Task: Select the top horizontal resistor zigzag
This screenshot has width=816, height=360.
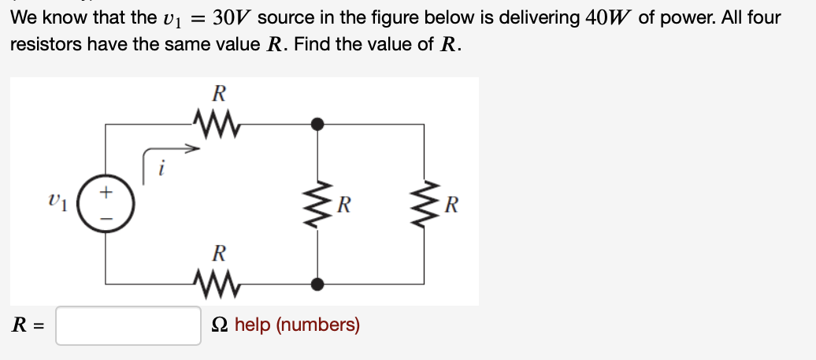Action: click(215, 124)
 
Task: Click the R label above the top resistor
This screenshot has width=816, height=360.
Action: click(220, 93)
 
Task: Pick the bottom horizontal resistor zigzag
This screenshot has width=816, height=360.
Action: click(215, 282)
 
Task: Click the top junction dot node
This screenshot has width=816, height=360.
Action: click(317, 124)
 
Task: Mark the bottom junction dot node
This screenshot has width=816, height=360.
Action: click(317, 283)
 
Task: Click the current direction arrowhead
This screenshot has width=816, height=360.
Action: click(190, 146)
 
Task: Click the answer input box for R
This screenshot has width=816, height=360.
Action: click(128, 325)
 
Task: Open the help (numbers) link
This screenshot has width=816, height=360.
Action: click(297, 325)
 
